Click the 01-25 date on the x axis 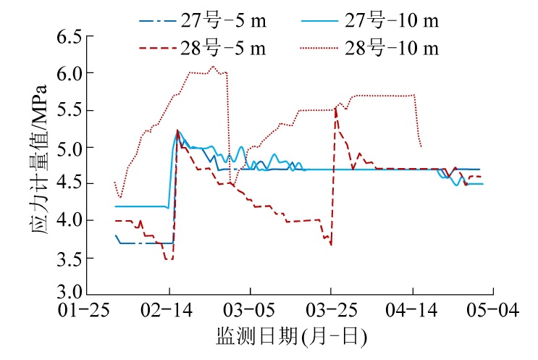click(88, 311)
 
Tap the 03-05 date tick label click(250, 311)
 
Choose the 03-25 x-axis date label click(331, 311)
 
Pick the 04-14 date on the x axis click(412, 311)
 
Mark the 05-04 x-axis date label click(493, 311)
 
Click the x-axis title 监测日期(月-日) click(290, 338)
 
